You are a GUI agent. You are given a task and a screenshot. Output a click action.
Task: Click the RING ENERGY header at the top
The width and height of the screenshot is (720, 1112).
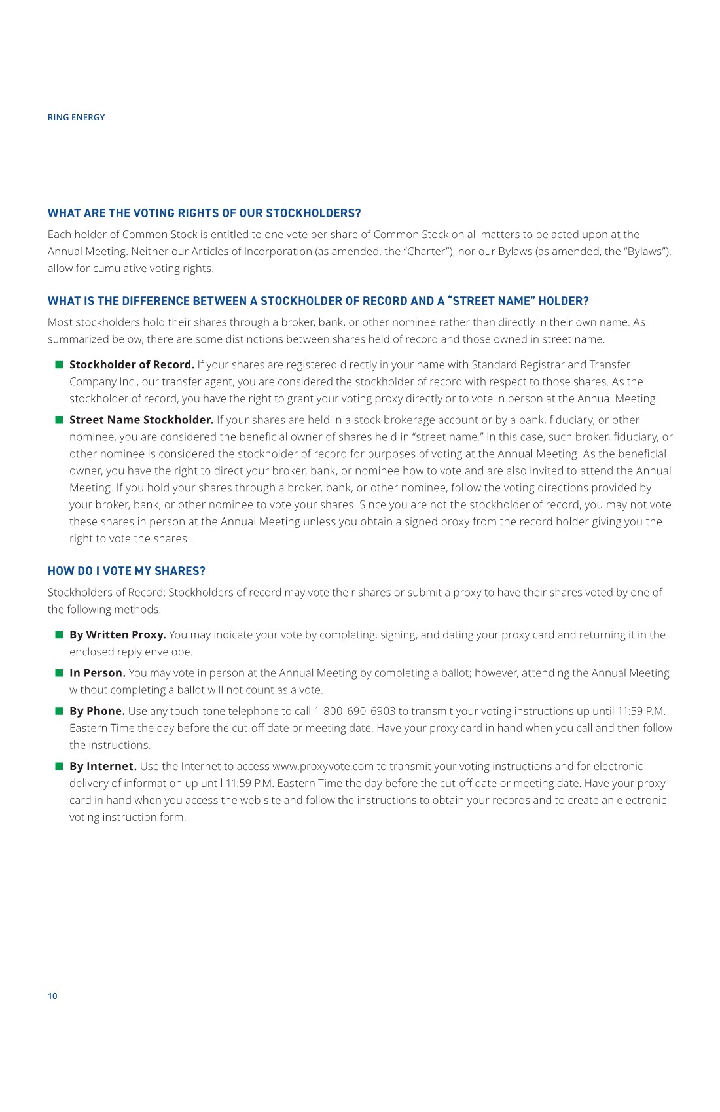tap(76, 118)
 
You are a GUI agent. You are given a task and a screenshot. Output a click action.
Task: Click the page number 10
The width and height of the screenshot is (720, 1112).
tap(52, 996)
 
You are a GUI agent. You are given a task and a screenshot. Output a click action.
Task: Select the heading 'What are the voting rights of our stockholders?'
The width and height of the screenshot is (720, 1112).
tap(204, 213)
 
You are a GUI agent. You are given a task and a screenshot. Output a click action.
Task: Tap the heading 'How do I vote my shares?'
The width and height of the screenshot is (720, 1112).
tap(126, 571)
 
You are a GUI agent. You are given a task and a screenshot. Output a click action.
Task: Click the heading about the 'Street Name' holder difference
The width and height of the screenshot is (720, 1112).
tap(318, 301)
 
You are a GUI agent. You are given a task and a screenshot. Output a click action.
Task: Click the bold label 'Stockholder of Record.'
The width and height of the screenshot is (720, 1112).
tap(132, 365)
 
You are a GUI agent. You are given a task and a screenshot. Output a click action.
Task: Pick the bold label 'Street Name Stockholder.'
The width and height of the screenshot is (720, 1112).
tap(141, 420)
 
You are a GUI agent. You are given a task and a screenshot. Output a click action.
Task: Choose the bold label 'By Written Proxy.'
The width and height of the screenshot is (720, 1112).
tap(118, 635)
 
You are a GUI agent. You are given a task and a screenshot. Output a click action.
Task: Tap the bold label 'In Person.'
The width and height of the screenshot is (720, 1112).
tap(98, 673)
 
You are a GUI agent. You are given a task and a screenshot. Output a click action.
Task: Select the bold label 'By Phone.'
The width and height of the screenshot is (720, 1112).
tap(97, 711)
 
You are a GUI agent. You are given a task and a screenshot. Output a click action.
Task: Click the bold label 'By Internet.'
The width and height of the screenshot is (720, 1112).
tap(103, 766)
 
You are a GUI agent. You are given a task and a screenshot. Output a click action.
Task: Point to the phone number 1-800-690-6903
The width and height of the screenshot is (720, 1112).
tap(355, 711)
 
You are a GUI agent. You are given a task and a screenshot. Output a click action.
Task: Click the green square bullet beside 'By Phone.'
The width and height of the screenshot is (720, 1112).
tap(59, 710)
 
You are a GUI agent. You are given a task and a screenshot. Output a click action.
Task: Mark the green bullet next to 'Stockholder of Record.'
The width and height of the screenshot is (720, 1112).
tap(59, 364)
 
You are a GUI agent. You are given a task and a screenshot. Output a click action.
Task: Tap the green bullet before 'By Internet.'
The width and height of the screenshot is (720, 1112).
tap(59, 765)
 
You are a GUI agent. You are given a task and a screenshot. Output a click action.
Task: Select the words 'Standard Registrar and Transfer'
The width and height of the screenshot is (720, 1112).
tap(550, 365)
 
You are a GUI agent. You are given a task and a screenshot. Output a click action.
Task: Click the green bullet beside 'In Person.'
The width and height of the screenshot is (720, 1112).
tap(59, 672)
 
